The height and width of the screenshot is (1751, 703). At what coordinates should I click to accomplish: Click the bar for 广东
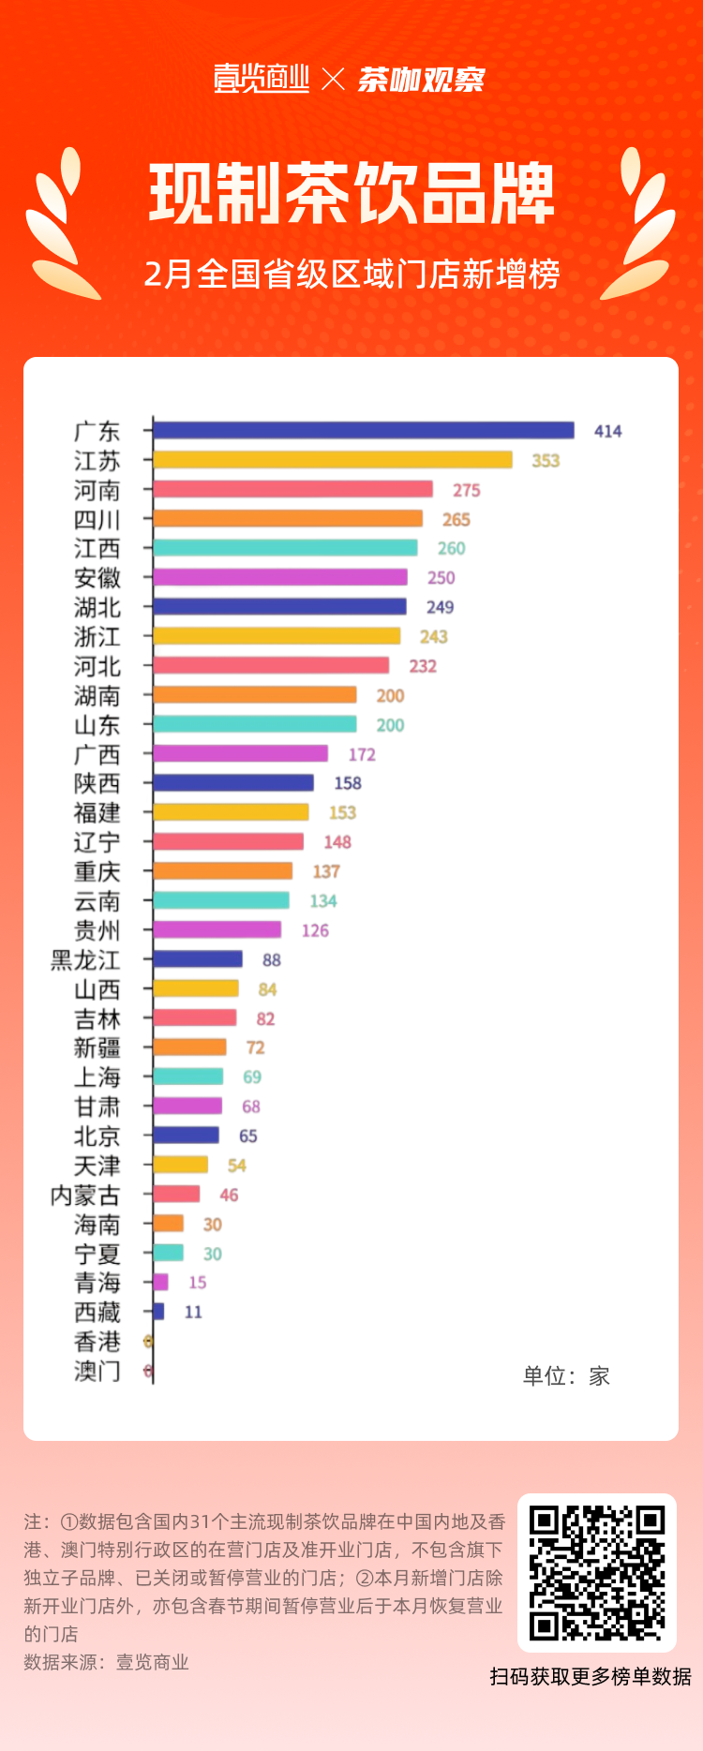[364, 430]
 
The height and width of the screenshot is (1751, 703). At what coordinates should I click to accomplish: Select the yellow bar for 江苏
[333, 460]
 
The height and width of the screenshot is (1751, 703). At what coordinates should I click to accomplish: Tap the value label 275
[467, 490]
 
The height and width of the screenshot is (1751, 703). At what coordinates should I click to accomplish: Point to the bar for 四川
[288, 519]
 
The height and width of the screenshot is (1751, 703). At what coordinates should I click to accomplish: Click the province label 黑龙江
[85, 960]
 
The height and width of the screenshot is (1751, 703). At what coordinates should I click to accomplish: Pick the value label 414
[607, 431]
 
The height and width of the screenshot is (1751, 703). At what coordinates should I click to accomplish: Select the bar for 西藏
[158, 1312]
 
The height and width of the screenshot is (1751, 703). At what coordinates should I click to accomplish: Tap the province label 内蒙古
[85, 1195]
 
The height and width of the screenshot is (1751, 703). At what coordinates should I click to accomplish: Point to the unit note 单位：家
[566, 1376]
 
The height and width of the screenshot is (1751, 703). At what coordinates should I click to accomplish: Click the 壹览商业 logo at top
[262, 79]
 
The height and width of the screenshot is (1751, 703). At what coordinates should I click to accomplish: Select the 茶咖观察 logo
[421, 80]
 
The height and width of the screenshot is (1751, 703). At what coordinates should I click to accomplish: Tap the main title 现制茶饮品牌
[351, 194]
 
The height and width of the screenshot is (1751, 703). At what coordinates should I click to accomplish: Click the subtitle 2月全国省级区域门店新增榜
[351, 275]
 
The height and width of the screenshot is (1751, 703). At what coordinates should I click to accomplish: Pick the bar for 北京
[186, 1135]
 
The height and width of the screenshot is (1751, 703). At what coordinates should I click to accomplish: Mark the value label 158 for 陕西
[348, 783]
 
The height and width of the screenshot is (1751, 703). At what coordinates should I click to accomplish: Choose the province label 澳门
[97, 1372]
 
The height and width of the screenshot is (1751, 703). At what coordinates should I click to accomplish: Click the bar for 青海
[160, 1283]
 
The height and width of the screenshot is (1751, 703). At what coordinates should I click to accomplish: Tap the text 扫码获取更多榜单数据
[591, 1677]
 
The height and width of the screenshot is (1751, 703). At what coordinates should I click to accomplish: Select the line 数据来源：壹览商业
[106, 1663]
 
